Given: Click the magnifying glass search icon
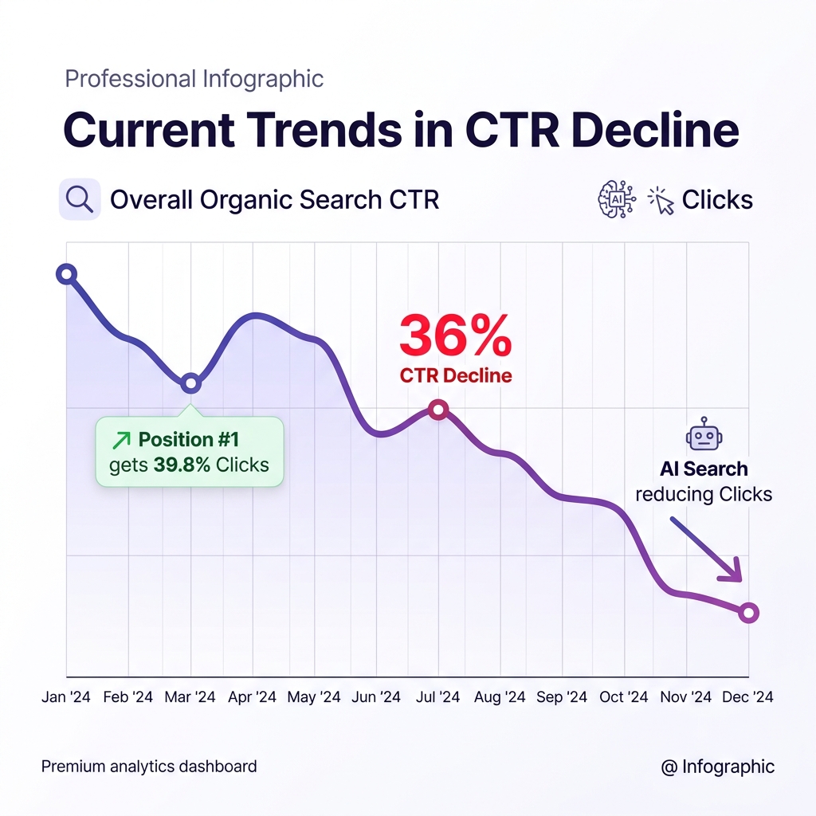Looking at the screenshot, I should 80,198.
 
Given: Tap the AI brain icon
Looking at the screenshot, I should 616,198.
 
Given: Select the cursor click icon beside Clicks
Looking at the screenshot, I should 661,200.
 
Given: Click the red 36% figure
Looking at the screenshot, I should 455,336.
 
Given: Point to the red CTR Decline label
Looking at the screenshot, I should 455,376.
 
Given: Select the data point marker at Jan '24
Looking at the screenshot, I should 67,275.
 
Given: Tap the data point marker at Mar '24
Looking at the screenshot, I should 190,383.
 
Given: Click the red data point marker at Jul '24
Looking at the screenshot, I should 437,410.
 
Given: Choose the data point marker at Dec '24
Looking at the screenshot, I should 748,613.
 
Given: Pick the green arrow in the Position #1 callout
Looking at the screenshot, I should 122,440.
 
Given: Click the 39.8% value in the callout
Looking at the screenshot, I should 182,465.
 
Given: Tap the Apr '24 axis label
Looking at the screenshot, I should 252,697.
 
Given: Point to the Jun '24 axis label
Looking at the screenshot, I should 375,697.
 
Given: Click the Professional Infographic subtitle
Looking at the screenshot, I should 194,80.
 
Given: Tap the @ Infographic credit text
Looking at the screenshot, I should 717,767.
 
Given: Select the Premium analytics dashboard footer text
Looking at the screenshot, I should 149,767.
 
